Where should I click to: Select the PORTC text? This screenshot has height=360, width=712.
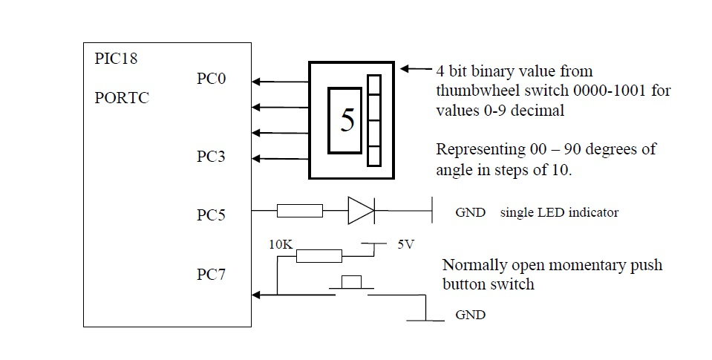[x=123, y=98]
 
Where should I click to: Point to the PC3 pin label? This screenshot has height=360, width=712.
[x=211, y=157]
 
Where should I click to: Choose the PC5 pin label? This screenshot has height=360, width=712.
[x=211, y=215]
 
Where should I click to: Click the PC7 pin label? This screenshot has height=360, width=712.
[x=211, y=275]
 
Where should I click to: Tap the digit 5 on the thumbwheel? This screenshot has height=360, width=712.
[x=347, y=120]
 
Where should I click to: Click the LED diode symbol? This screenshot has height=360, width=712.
[x=361, y=212]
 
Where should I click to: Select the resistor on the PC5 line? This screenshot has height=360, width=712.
[x=300, y=212]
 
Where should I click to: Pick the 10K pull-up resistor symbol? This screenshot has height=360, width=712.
[x=319, y=256]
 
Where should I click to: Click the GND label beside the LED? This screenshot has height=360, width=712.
[x=469, y=212]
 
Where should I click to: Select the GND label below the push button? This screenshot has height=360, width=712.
[x=469, y=315]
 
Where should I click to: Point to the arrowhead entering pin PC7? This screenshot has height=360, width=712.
[x=257, y=295]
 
